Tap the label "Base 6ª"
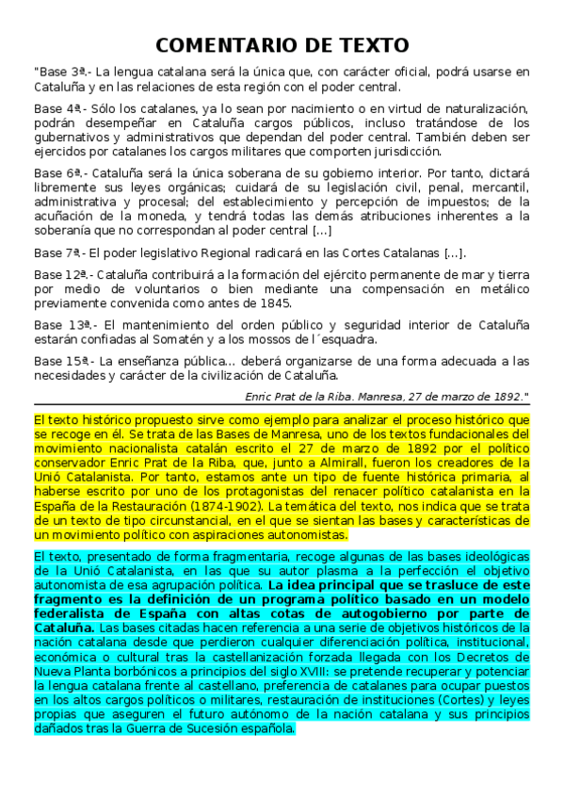tap(57, 173)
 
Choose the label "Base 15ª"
tap(60, 360)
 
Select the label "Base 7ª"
tap(57, 253)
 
